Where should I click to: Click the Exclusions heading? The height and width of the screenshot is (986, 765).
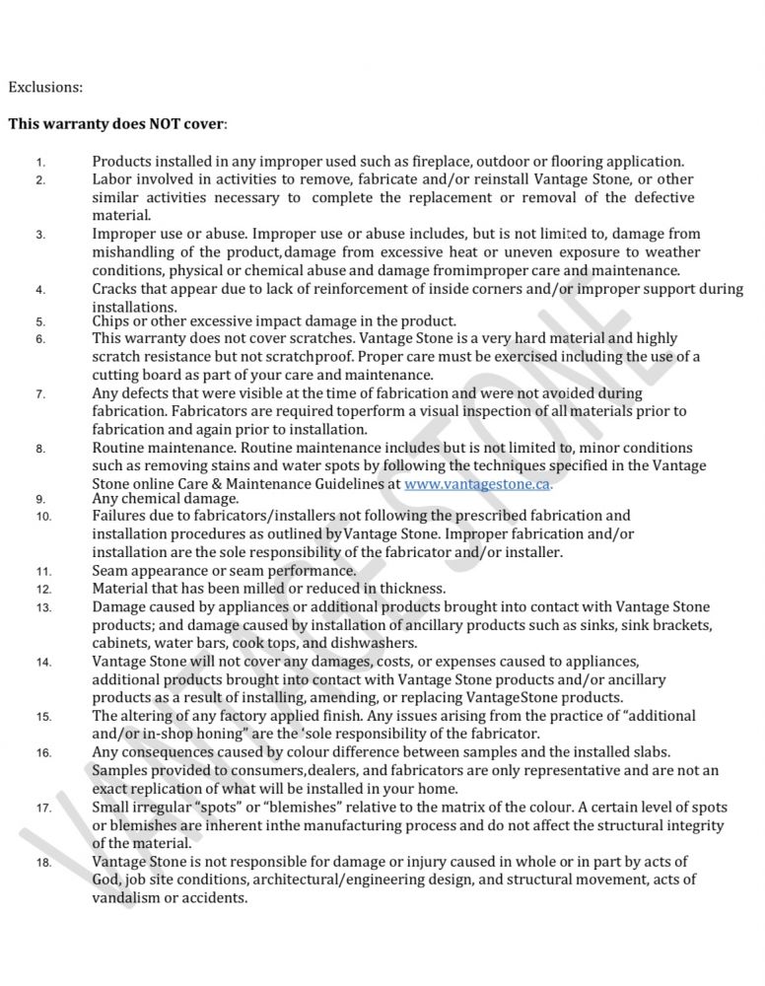[x=45, y=87]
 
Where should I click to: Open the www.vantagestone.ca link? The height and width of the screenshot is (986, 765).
[x=477, y=484]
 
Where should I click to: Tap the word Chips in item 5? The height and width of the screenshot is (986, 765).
[x=112, y=320]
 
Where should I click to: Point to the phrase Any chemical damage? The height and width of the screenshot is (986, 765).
[x=155, y=499]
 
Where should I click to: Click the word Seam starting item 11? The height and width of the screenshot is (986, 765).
[x=111, y=570]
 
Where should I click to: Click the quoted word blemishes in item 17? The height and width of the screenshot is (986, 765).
[x=318, y=807]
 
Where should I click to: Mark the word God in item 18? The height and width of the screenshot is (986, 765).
[x=105, y=880]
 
